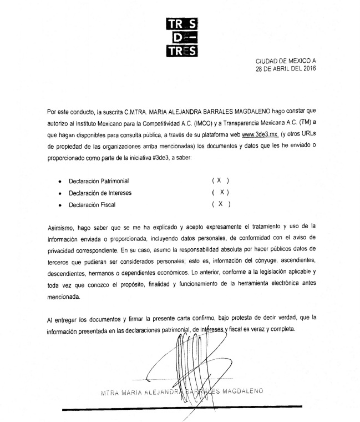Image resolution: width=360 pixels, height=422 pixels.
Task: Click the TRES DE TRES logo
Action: point(182,38)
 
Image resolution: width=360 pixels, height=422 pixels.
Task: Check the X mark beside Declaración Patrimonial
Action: point(220,181)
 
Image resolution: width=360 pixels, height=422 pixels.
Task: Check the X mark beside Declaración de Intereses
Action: point(221,192)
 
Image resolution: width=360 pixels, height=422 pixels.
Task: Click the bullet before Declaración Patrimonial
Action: point(60,182)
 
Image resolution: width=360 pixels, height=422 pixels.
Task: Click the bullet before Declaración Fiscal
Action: point(60,204)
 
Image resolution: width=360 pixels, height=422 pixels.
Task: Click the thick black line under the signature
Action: point(189,409)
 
